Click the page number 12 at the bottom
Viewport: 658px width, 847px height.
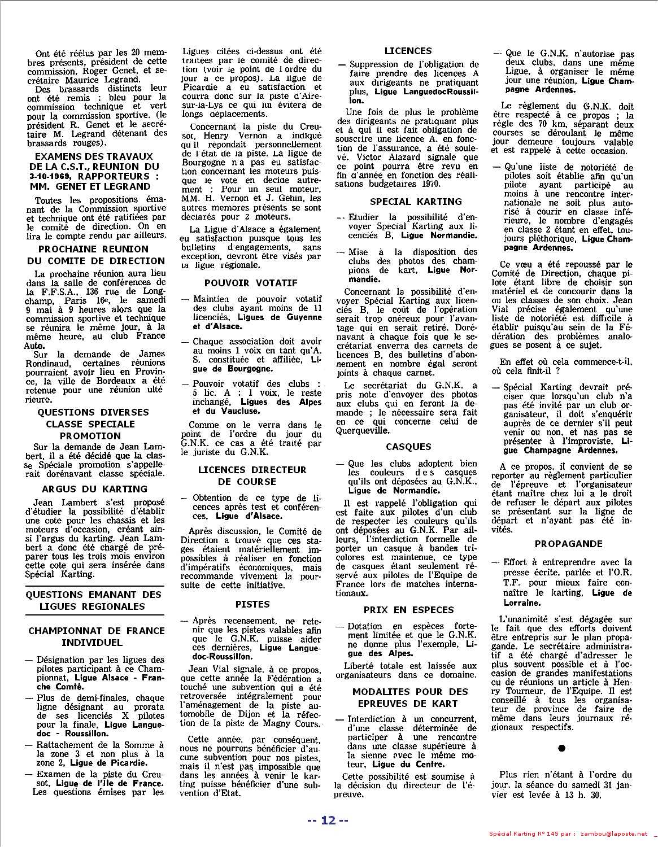328,820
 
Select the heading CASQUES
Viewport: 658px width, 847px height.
408,447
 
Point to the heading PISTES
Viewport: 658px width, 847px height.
252,604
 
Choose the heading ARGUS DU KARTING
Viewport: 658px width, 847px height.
95,489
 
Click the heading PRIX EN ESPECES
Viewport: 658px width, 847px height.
408,610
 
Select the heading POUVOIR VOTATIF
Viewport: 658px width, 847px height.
251,283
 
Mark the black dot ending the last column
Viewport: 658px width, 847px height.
561,748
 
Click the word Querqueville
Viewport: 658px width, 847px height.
362,430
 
